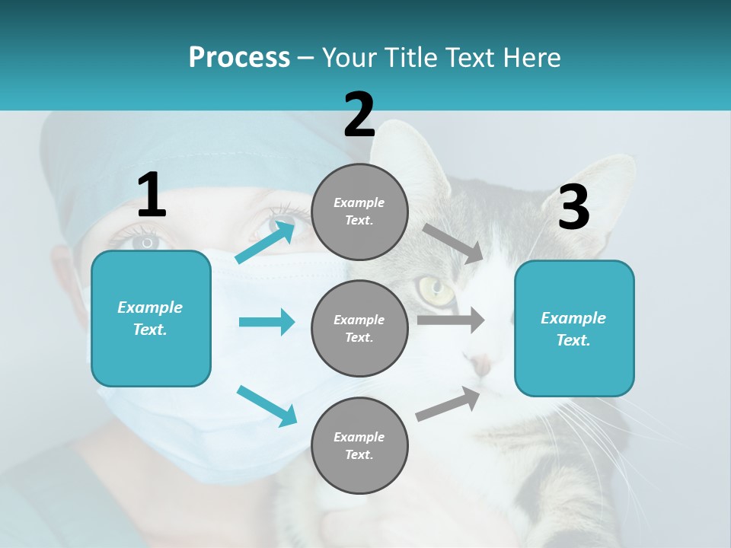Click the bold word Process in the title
point(239,58)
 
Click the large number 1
point(152,196)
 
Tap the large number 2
point(359,115)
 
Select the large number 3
point(573,208)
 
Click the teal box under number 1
point(151,318)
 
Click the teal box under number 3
point(574,328)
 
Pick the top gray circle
point(359,212)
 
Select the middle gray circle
point(359,328)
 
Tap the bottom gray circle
point(359,445)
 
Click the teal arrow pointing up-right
point(265,242)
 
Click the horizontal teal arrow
point(267,322)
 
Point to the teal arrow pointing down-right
point(267,405)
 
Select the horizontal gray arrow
point(451,320)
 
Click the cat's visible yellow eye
point(435,288)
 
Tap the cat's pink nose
point(481,365)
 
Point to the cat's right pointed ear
point(609,179)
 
